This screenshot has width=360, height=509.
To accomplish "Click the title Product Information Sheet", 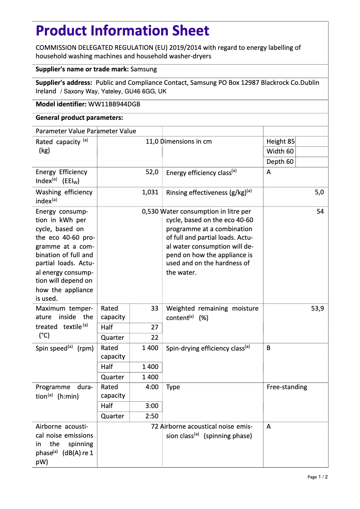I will [123, 31].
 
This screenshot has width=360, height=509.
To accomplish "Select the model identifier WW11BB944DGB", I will [114, 104].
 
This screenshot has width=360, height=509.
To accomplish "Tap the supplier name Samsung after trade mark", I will [144, 70].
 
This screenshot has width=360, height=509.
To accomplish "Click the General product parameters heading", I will [79, 118].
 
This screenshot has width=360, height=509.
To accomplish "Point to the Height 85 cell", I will [281, 141].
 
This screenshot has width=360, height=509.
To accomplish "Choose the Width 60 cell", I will [280, 151].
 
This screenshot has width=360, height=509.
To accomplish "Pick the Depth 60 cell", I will [280, 162].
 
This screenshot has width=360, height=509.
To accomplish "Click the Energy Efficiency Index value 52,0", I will [152, 172].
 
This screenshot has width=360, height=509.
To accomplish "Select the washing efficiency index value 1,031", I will [150, 192].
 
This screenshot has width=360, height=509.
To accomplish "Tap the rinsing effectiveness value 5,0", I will [319, 192].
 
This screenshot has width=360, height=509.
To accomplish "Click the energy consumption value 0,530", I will [150, 211].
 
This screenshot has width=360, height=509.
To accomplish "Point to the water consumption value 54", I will [320, 211].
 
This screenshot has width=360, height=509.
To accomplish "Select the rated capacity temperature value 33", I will [154, 308].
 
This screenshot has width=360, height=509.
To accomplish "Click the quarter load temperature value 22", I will [154, 338].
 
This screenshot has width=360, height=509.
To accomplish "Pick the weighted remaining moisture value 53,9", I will [317, 308].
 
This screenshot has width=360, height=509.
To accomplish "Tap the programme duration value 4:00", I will [152, 387].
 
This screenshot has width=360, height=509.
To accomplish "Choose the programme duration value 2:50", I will [152, 416].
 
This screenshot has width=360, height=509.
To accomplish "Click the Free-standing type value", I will [287, 387].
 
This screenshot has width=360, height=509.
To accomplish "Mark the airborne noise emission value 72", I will [155, 426].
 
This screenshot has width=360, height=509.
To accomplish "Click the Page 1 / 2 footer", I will [317, 477].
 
